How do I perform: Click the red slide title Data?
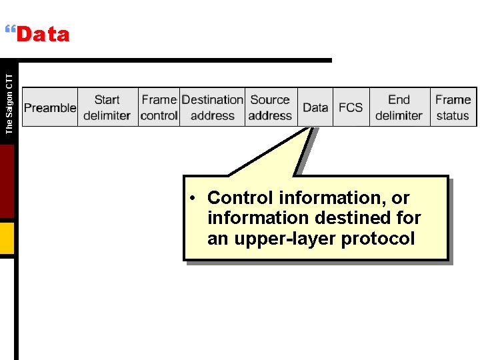point(43,35)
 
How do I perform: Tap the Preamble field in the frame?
point(50,107)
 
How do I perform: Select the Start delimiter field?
point(107,107)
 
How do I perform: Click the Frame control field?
point(159,107)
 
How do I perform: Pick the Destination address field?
point(213,107)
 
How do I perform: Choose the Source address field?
point(270,107)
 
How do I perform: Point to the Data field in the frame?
point(315,107)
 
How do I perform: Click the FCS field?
point(351,107)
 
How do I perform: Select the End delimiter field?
point(399,107)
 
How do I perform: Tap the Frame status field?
point(453,107)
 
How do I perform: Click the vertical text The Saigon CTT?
point(9,103)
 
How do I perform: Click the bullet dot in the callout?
point(191,198)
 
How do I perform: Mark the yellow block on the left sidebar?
point(7,238)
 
